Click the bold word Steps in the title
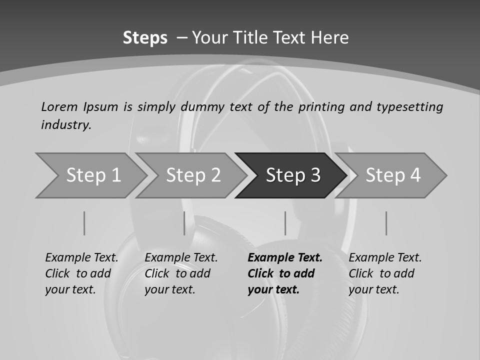coord(145,38)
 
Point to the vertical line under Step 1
coord(84,223)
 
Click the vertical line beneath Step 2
coord(184,223)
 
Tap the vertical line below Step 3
coord(285,223)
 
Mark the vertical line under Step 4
coord(386,223)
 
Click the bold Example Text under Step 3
coord(285,273)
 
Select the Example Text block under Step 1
coord(81,273)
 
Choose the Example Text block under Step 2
coord(181,273)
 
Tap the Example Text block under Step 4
coord(385,273)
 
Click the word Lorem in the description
coord(59,107)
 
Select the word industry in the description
coord(65,125)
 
